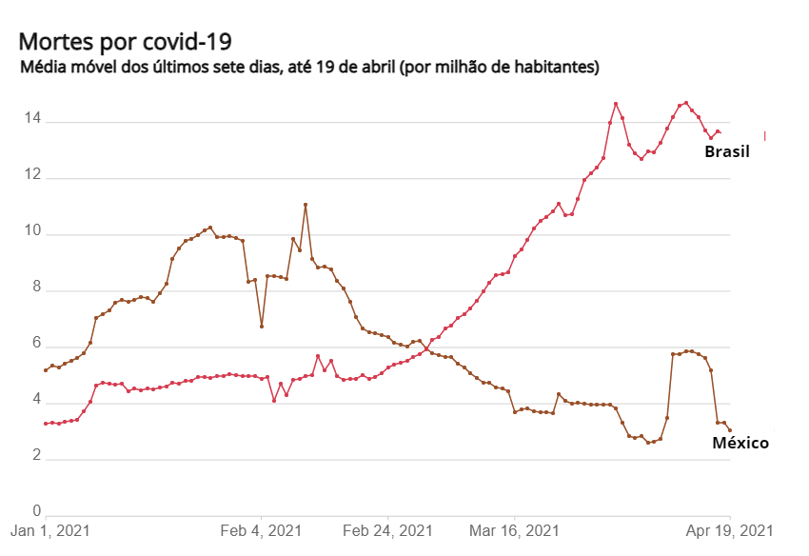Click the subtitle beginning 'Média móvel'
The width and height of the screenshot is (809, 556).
click(308, 69)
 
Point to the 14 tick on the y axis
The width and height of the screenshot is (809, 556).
click(32, 119)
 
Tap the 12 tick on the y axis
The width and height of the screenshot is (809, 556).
click(32, 175)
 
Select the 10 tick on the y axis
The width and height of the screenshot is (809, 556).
click(32, 231)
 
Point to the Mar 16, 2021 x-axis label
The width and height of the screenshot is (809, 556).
click(514, 528)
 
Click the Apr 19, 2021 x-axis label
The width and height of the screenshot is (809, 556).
click(730, 528)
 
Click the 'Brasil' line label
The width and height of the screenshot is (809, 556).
click(727, 151)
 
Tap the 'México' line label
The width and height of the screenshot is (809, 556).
click(740, 443)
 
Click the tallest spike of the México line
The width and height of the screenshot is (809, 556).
click(306, 203)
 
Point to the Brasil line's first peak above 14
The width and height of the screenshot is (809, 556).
click(616, 104)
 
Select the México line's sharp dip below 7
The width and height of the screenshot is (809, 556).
click(263, 327)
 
